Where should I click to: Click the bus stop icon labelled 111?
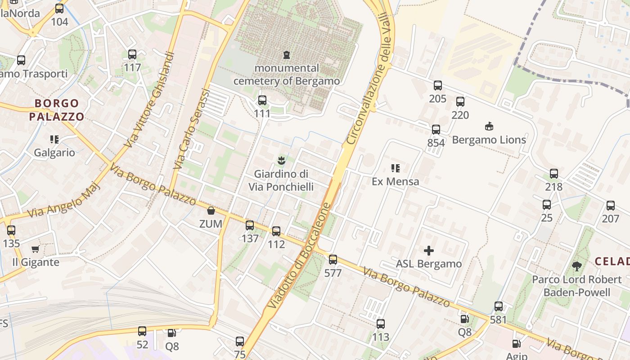coord(262,100)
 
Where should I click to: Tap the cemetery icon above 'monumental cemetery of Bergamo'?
coord(287,55)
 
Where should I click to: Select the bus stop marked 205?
coord(437,85)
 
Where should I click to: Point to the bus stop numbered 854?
coord(436,130)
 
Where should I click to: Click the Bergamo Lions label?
coord(489,140)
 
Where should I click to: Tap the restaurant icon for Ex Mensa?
coord(395,168)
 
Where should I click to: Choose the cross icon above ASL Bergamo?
coord(429,251)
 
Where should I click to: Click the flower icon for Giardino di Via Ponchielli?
coord(281,160)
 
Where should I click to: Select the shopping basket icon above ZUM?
coord(211,211)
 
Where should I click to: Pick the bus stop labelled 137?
coord(250,225)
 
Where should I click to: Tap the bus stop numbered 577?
coord(333,260)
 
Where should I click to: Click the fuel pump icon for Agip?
coord(516,344)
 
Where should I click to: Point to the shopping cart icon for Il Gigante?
coord(36,249)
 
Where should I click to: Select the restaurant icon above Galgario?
coord(54,139)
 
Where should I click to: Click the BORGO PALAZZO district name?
coord(57,110)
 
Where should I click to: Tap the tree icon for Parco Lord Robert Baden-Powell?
coord(576,266)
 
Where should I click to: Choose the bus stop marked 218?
coord(553,174)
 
